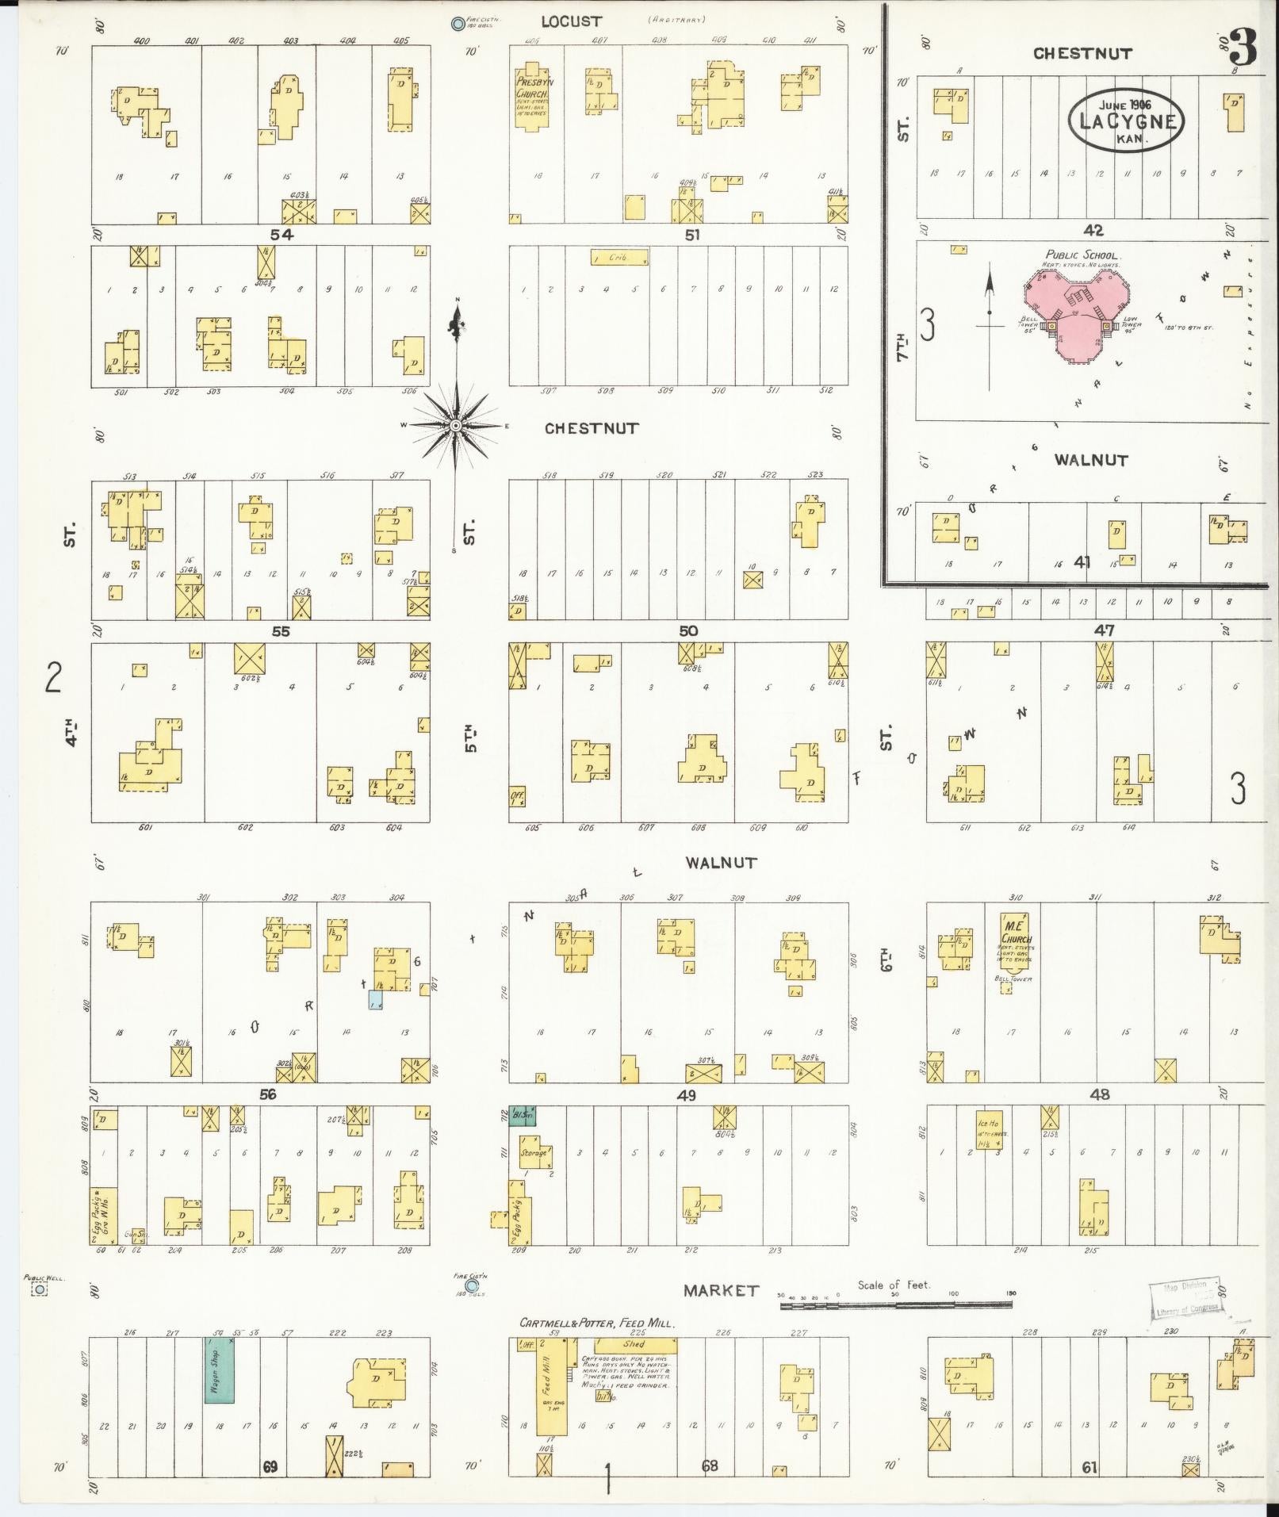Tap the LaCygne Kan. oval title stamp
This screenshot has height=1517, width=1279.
click(1125, 120)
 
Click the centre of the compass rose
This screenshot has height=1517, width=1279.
click(456, 426)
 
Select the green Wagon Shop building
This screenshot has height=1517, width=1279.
click(220, 1370)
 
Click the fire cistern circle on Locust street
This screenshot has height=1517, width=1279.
click(458, 24)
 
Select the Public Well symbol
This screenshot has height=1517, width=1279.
click(39, 1290)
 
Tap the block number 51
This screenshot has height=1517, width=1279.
click(692, 235)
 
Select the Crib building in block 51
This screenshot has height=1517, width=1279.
click(619, 258)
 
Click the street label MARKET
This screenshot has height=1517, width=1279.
click(721, 1290)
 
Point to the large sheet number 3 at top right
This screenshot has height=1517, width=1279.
click(1243, 49)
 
